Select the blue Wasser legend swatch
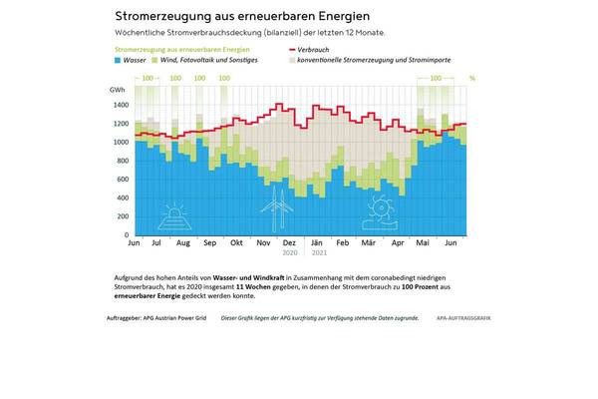[x=119, y=61]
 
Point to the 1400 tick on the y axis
[x=121, y=105]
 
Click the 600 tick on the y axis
[x=124, y=180]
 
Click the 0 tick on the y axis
[x=128, y=235]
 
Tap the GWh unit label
[x=119, y=90]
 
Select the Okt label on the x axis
[x=236, y=243]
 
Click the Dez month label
[x=289, y=243]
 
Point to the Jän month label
[x=315, y=243]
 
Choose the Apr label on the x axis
[x=398, y=243]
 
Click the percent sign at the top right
[x=472, y=77]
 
